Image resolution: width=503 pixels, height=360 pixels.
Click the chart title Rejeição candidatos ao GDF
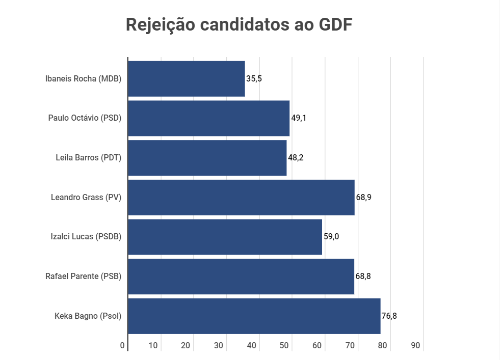[x=239, y=25]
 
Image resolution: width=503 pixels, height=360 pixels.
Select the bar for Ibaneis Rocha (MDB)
[x=187, y=79]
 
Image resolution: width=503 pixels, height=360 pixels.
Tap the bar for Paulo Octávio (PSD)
[x=208, y=118]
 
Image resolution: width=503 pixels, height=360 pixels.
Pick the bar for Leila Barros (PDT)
[x=207, y=158]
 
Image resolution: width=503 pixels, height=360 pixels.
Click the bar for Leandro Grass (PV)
[x=241, y=198]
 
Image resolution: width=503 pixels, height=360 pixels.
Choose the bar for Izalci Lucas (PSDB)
[x=225, y=237]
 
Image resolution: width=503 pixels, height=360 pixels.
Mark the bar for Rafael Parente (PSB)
[x=241, y=276]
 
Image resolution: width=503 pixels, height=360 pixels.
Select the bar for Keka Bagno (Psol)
[x=254, y=316]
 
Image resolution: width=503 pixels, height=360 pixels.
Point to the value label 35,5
[x=254, y=79]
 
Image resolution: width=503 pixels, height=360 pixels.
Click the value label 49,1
[x=299, y=118]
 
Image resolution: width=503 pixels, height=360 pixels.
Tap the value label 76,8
[x=389, y=316]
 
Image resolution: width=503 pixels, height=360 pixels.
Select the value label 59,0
[x=331, y=237]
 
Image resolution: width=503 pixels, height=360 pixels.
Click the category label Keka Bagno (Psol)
[x=88, y=316]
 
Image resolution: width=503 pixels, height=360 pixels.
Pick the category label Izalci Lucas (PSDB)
[x=86, y=237]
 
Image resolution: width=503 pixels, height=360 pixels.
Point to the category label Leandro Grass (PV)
[x=86, y=198]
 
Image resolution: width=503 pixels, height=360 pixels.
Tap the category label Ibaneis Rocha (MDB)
[x=84, y=79]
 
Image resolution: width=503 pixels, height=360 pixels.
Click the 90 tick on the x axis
[x=415, y=346]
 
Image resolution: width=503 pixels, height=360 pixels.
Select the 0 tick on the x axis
[x=123, y=346]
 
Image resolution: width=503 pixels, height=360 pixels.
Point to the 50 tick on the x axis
[x=284, y=346]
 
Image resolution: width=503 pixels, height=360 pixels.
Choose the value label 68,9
[x=364, y=198]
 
